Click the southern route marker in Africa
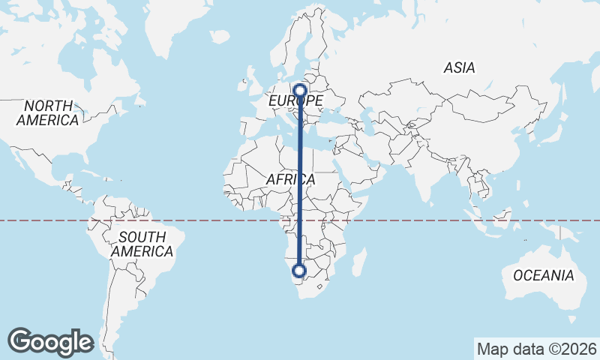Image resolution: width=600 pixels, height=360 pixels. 300,271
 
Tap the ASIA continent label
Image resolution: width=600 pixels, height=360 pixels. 459,67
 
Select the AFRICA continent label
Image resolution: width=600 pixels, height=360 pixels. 290,180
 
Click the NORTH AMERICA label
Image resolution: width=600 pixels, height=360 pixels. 47,112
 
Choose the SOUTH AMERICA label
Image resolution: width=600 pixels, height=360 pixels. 142,244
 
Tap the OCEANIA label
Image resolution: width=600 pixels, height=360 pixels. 544,275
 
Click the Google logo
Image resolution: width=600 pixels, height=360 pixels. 50,342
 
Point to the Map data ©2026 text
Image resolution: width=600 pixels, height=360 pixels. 535,349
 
